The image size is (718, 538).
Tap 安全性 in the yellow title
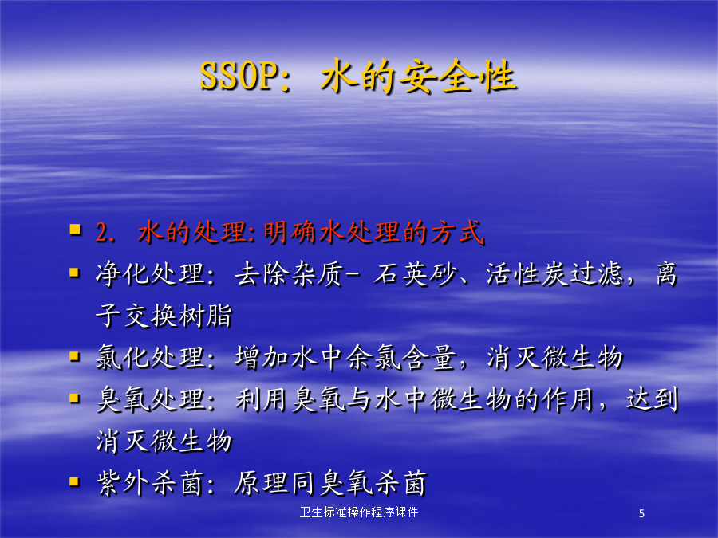tap(457, 77)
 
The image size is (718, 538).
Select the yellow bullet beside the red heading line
tap(75, 229)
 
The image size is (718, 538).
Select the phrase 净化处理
tap(150, 274)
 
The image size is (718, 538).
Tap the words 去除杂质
tap(289, 274)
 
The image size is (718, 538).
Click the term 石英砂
tap(415, 274)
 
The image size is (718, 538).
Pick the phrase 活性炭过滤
tap(554, 274)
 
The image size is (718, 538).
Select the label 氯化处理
tap(150, 358)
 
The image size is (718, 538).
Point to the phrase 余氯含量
tap(401, 358)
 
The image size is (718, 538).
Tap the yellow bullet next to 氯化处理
tap(75, 356)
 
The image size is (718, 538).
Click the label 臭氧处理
tap(150, 400)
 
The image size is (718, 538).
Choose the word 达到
tap(653, 399)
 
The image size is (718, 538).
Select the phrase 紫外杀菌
tap(150, 483)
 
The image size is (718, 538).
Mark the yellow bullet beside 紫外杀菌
tap(75, 481)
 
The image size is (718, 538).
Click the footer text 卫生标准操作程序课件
tap(358, 512)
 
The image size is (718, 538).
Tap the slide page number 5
tap(641, 514)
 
